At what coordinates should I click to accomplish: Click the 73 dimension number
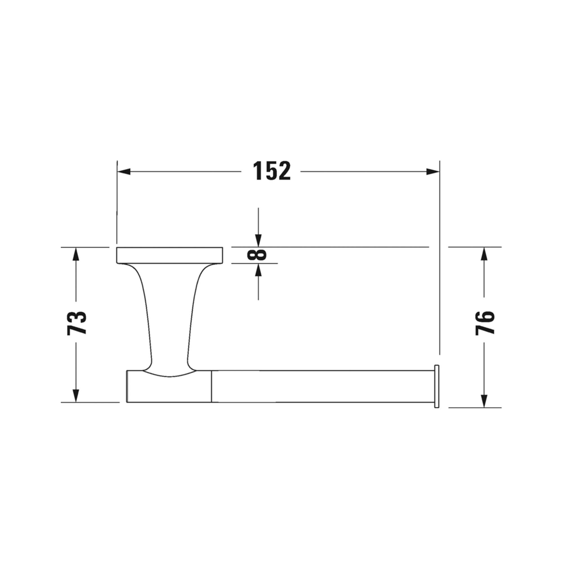[x=77, y=323]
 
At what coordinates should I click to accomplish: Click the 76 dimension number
[x=485, y=323]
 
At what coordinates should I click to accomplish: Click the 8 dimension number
[x=257, y=255]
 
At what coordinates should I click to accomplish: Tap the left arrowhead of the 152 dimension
[x=124, y=172]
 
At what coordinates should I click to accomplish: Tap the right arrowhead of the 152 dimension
[x=432, y=172]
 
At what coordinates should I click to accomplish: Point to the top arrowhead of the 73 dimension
[x=76, y=254]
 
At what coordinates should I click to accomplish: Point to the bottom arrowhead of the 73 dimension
[x=76, y=396]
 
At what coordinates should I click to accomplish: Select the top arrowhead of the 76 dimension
[x=484, y=254]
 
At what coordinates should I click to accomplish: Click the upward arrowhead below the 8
[x=258, y=270]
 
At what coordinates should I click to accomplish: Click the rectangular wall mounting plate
[x=169, y=255]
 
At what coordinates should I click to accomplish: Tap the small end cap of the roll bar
[x=437, y=386]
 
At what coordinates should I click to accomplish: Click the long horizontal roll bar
[x=321, y=386]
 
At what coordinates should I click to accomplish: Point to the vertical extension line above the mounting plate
[x=117, y=204]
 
